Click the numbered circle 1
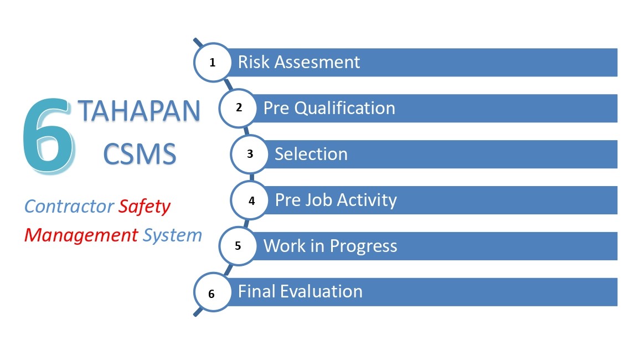[x=213, y=63]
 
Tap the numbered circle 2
[x=239, y=108]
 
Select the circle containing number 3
[x=250, y=154]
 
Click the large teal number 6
[x=49, y=136]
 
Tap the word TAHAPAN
[x=140, y=111]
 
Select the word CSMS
[x=140, y=154]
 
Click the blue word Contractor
[x=69, y=206]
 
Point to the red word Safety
[x=145, y=207]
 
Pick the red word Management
[x=81, y=235]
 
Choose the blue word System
[x=172, y=235]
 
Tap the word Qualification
[x=345, y=109]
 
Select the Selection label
[x=311, y=154]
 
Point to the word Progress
[x=363, y=246]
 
